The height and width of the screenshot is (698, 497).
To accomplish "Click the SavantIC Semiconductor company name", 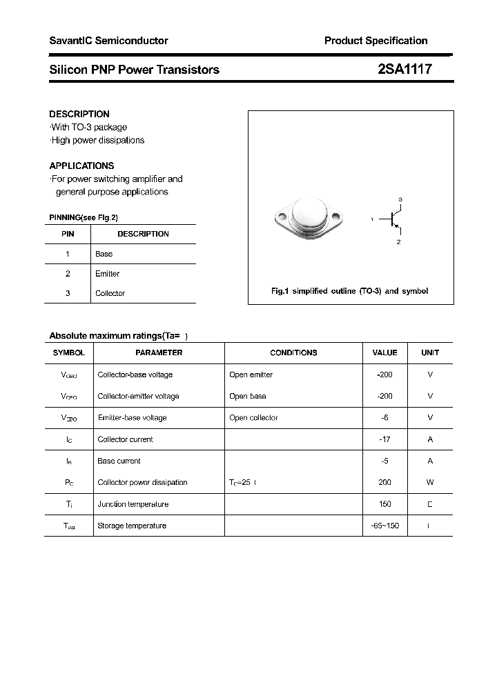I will tap(108, 41).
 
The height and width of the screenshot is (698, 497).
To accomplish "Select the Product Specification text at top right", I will tap(376, 41).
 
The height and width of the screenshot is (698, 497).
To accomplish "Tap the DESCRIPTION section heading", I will tap(79, 114).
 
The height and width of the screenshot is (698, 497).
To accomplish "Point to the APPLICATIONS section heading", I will tap(81, 166).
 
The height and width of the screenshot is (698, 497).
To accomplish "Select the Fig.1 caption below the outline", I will tap(349, 291).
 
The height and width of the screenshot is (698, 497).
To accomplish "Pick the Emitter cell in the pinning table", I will tap(107, 274).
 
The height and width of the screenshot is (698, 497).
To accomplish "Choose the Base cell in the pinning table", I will tap(104, 254).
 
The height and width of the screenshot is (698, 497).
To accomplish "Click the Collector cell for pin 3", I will tap(110, 293).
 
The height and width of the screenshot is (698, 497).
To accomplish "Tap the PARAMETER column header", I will tap(159, 352).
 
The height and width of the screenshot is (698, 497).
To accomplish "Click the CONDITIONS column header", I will tap(293, 352).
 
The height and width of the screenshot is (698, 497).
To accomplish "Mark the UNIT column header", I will tap(430, 352).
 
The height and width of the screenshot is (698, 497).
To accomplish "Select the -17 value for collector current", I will tap(384, 439).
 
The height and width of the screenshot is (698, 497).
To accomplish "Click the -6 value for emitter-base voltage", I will tap(384, 418).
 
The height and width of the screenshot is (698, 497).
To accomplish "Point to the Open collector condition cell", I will tap(253, 418).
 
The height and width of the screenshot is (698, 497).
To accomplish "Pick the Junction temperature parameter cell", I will tap(133, 504).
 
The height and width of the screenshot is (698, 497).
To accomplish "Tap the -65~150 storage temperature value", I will tap(384, 526).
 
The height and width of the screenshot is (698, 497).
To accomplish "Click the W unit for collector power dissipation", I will tap(430, 483).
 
